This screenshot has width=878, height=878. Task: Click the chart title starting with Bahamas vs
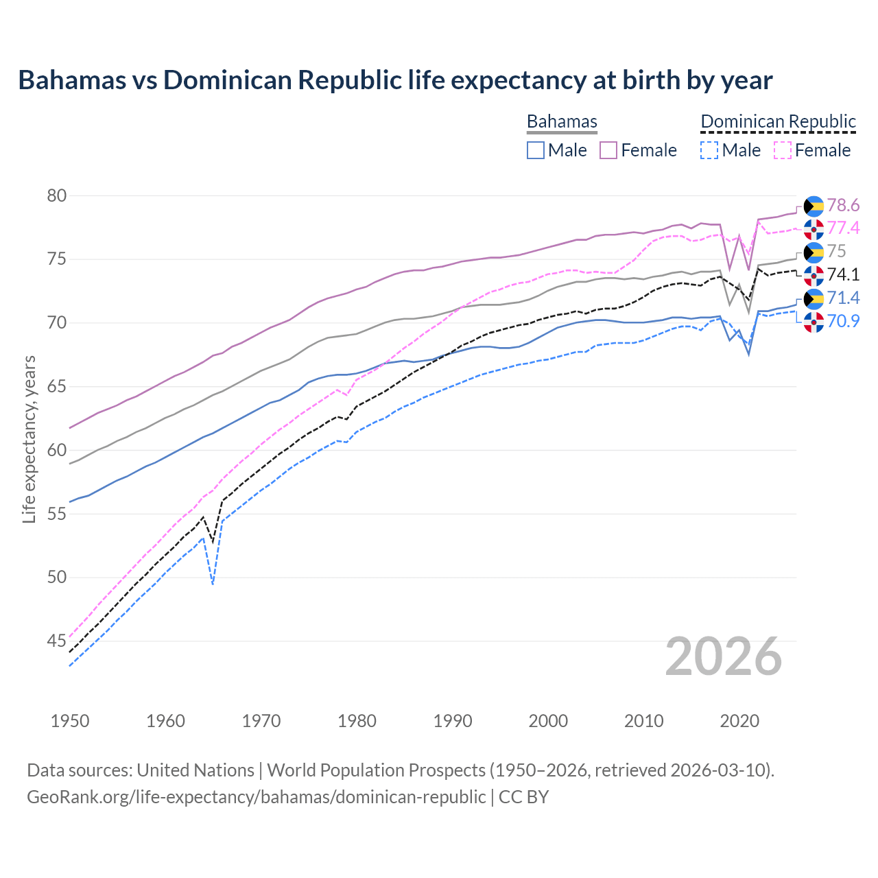(x=395, y=80)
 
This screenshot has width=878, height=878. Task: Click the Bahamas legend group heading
(x=562, y=121)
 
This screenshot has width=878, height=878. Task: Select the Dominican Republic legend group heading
(x=778, y=121)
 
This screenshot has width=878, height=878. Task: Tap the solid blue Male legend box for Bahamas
(x=536, y=150)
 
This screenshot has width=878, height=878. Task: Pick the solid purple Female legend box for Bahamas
(x=608, y=150)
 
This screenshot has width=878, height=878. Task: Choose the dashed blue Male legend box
(x=709, y=150)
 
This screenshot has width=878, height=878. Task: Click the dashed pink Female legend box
(x=783, y=150)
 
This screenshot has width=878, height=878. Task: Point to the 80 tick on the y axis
(x=56, y=196)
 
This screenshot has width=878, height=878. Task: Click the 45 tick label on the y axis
(x=56, y=641)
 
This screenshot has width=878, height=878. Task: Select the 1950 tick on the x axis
(x=70, y=721)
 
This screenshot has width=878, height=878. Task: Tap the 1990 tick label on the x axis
(x=453, y=721)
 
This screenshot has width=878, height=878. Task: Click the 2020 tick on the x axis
(x=739, y=721)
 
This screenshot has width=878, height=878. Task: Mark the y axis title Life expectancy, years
(x=29, y=439)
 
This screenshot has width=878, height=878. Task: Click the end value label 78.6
(x=843, y=205)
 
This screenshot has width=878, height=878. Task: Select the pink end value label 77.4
(x=843, y=228)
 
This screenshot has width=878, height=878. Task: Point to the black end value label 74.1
(x=843, y=274)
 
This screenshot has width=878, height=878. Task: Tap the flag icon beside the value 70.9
(x=814, y=321)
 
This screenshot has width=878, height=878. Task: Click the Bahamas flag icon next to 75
(x=814, y=252)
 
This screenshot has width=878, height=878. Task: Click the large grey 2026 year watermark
(x=724, y=656)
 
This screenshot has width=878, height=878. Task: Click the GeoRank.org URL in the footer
(x=256, y=797)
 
